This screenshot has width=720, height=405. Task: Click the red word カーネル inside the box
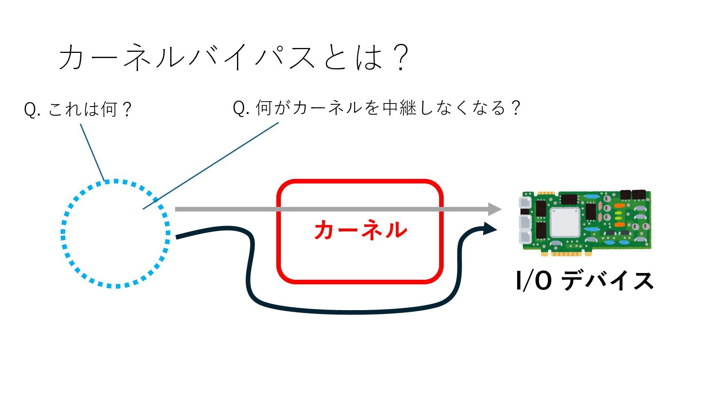coord(360,230)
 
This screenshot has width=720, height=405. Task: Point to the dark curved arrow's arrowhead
coord(490,228)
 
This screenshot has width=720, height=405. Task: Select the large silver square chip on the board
coord(565,222)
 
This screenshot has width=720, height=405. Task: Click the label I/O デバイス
coord(584,281)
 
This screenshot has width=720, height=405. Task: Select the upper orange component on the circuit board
coord(619,206)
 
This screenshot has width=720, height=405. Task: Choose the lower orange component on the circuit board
coord(619,224)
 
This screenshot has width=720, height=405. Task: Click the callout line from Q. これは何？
coord(92,152)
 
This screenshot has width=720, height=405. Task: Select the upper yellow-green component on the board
coord(619,213)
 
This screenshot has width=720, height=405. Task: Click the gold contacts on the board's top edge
coord(546,193)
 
